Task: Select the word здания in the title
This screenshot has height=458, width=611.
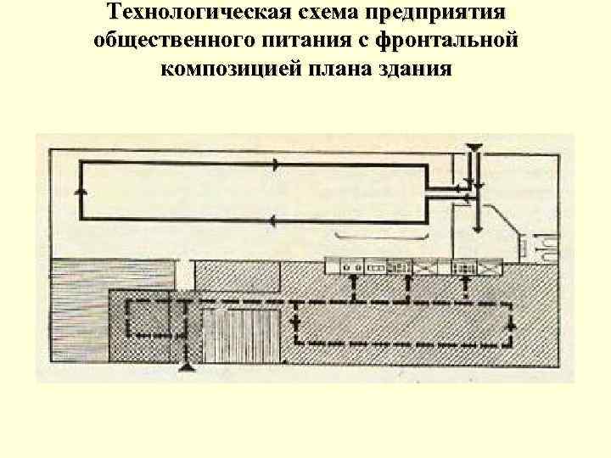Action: click(415, 69)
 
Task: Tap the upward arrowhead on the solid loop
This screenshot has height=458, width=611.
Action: click(81, 192)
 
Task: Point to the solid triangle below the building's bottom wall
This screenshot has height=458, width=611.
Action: click(184, 366)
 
